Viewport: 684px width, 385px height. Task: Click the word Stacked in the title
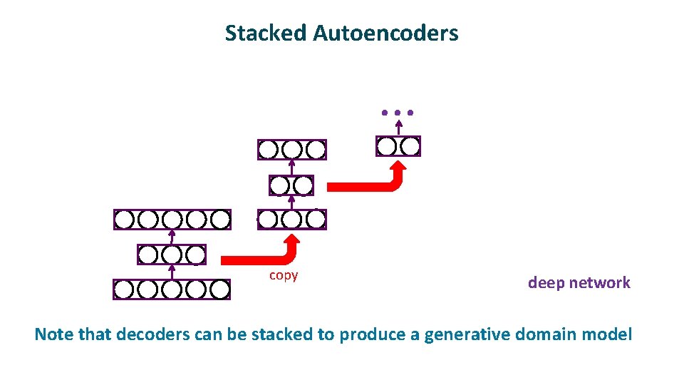(x=266, y=33)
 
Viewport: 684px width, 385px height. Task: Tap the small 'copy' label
(x=284, y=275)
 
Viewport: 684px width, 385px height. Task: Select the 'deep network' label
(x=579, y=282)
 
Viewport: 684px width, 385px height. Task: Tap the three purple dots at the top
(x=397, y=113)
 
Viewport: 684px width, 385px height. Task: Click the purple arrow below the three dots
(x=397, y=128)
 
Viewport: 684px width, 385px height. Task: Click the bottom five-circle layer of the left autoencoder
(x=172, y=289)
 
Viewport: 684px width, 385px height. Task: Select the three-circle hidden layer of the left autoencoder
(x=172, y=255)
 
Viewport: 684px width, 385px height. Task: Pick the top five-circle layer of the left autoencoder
(x=172, y=219)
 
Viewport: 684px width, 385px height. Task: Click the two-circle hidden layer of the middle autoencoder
(x=291, y=185)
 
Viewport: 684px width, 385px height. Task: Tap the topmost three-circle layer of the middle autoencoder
(x=291, y=150)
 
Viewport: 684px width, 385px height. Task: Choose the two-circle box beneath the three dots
(x=398, y=146)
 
